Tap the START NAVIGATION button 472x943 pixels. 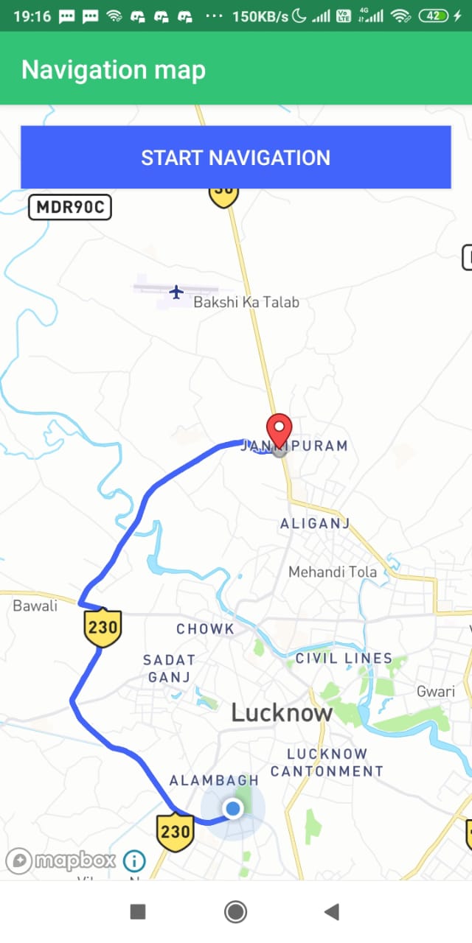click(235, 158)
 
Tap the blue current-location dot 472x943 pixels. click(233, 809)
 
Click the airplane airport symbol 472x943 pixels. click(176, 292)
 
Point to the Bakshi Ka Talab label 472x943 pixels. click(246, 302)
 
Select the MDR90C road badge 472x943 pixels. click(69, 207)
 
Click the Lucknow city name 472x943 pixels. click(282, 712)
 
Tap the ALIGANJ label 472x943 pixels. click(314, 524)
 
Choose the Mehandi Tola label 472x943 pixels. click(332, 572)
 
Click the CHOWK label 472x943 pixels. click(205, 629)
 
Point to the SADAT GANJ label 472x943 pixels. click(170, 668)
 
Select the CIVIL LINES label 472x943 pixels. click(344, 658)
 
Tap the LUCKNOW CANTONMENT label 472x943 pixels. click(327, 763)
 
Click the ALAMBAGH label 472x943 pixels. click(214, 780)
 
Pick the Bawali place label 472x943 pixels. click(35, 606)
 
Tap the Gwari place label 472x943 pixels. click(436, 692)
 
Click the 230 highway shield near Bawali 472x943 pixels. click(102, 627)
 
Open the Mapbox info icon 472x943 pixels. click(134, 860)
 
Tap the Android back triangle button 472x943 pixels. click(331, 912)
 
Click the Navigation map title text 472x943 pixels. click(113, 70)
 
